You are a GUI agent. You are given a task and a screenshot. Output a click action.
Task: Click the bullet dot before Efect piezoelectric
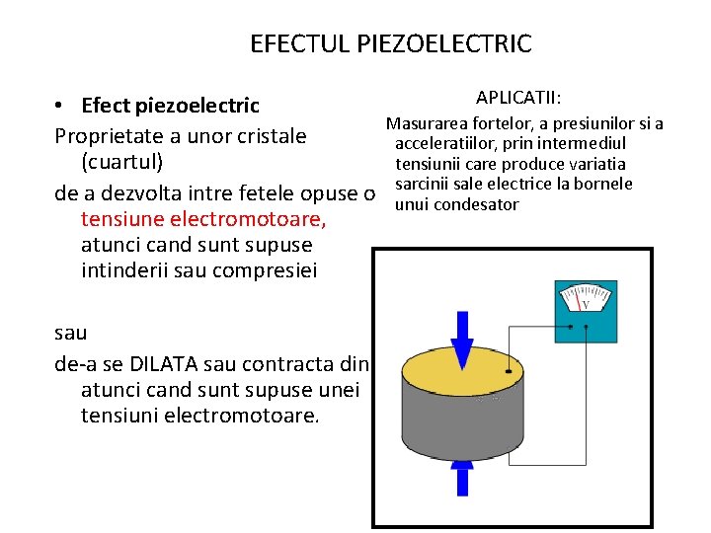click(60, 106)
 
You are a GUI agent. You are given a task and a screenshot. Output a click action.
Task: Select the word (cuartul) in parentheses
click(122, 161)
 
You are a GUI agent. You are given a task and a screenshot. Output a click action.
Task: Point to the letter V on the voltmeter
click(586, 304)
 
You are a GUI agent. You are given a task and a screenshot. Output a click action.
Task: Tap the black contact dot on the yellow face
click(509, 372)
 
